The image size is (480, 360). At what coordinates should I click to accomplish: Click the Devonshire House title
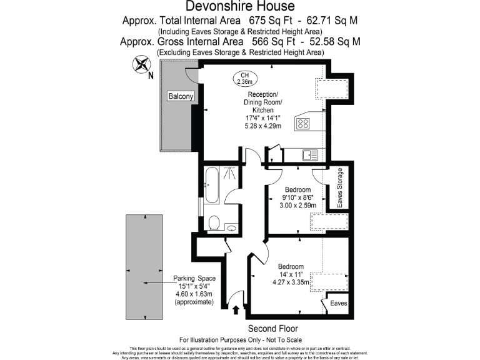(240, 7)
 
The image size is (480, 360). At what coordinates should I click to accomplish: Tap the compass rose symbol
(141, 64)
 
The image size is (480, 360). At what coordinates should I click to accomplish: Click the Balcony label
(181, 96)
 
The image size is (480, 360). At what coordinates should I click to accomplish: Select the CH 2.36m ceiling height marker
(244, 77)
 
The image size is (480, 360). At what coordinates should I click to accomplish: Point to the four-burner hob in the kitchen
(303, 124)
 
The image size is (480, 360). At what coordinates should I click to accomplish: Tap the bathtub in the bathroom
(211, 186)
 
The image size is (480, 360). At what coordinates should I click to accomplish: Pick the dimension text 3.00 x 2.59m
(297, 206)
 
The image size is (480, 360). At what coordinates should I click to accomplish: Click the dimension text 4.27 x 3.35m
(291, 282)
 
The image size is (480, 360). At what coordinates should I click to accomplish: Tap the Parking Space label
(194, 278)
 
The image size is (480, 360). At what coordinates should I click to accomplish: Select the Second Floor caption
(272, 329)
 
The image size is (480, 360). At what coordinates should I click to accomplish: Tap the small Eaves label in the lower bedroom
(338, 303)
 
